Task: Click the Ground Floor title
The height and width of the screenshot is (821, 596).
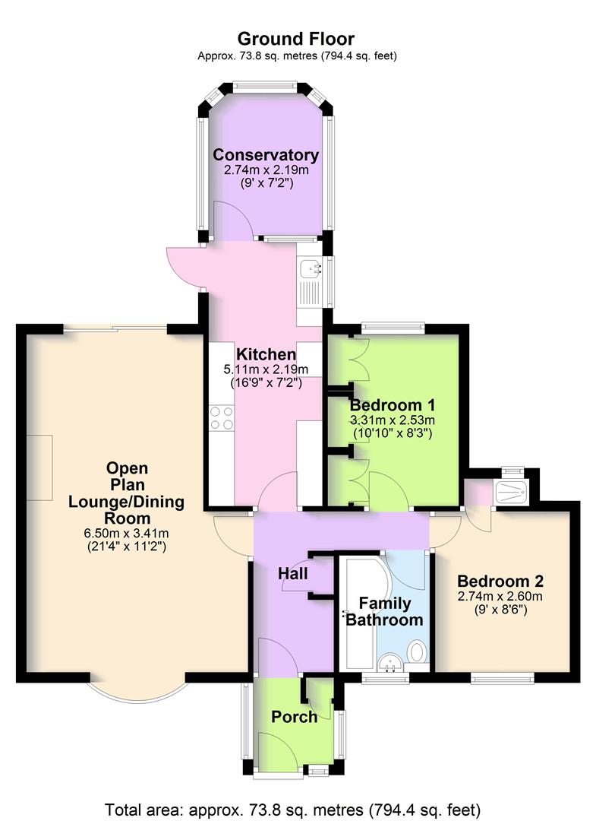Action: point(296,39)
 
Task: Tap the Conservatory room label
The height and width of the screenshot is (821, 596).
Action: point(266,155)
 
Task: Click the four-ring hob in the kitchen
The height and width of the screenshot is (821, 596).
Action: point(221,418)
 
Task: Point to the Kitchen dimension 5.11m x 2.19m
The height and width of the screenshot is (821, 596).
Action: point(266,369)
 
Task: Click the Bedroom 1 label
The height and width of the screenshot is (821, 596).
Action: point(392,404)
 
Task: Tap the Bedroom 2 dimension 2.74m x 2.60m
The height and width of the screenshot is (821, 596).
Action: point(500,596)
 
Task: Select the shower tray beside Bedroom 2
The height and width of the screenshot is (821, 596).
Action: point(511,493)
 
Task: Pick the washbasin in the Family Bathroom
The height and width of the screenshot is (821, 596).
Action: point(389,662)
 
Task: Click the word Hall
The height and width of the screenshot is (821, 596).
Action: point(293,573)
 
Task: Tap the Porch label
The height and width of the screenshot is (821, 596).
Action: point(295,717)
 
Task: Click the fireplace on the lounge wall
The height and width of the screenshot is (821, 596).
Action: point(39,468)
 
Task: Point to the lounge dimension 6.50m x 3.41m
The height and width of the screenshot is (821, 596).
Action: point(127,534)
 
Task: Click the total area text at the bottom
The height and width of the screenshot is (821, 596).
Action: point(293,810)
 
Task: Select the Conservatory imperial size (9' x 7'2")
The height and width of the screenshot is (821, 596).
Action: point(266,183)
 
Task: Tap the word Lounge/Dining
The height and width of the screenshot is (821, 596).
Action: point(127,502)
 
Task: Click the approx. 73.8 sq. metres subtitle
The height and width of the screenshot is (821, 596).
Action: point(297,56)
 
